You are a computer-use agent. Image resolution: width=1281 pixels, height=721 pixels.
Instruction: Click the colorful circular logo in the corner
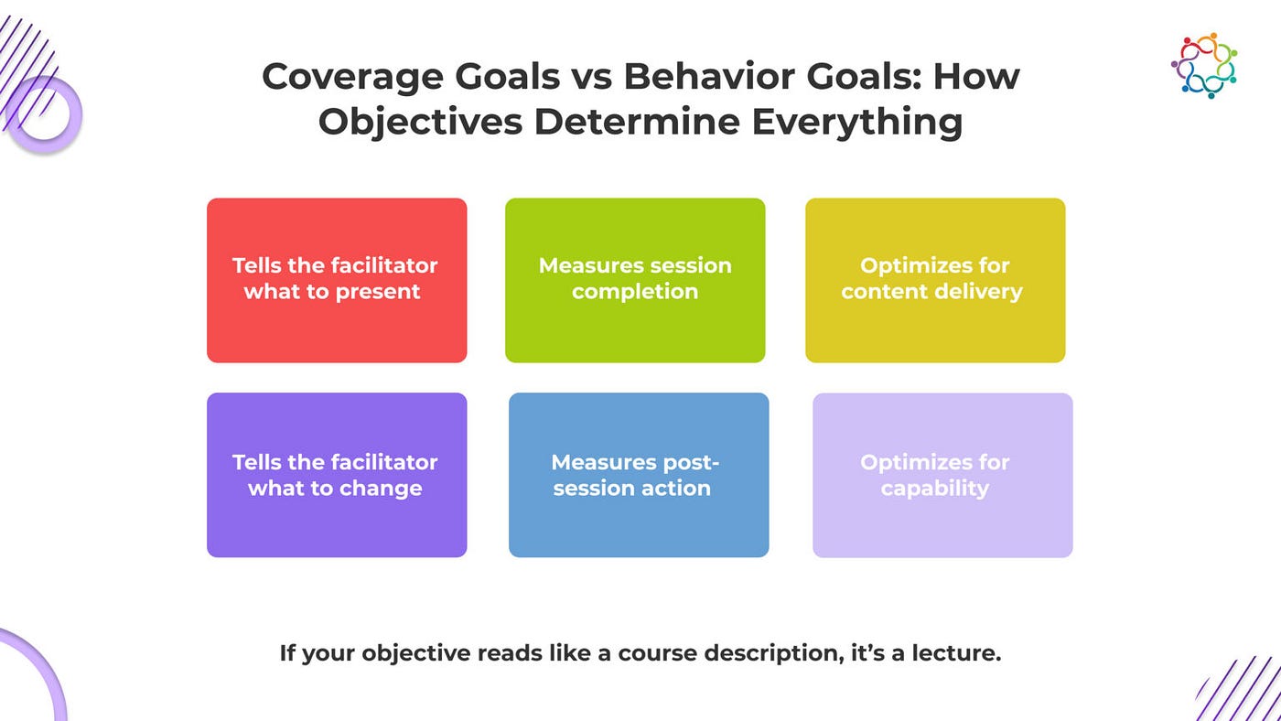click(1204, 65)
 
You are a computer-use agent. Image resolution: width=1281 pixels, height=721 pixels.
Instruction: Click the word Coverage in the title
click(352, 77)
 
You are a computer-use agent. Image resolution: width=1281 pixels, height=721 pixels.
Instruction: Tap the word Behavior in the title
click(709, 76)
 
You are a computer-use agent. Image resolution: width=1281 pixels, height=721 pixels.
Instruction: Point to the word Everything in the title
click(857, 123)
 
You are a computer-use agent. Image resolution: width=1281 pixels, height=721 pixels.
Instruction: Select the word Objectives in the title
click(420, 123)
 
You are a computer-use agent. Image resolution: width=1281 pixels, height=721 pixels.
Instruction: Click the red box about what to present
click(337, 280)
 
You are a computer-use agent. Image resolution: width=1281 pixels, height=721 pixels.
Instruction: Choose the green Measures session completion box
click(635, 280)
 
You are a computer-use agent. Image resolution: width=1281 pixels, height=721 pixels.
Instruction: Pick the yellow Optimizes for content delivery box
click(935, 280)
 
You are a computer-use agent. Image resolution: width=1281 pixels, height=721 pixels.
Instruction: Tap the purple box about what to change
click(337, 475)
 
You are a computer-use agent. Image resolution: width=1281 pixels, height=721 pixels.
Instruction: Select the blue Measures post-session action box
click(639, 475)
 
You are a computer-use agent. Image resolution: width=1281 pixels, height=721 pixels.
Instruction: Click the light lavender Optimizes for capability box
click(943, 475)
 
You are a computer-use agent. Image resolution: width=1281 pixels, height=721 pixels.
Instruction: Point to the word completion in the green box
click(635, 293)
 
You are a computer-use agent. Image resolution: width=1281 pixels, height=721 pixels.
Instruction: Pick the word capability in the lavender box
click(935, 489)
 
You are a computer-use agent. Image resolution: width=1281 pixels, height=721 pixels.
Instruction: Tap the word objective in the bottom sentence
click(415, 654)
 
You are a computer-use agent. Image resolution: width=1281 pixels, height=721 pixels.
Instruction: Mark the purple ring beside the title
click(44, 115)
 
